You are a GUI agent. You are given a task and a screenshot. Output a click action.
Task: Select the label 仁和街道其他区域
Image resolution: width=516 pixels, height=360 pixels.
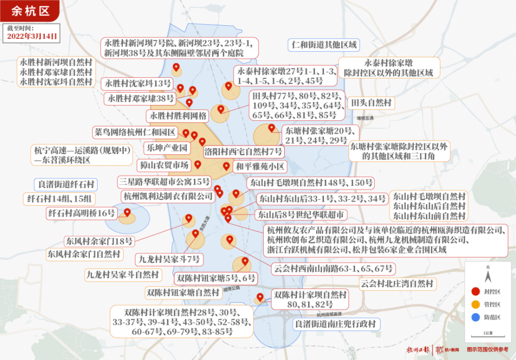point(324,45)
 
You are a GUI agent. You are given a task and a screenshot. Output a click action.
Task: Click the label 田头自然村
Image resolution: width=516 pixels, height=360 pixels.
point(372,102)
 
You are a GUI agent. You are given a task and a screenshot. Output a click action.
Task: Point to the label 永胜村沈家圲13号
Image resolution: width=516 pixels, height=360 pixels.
point(138,83)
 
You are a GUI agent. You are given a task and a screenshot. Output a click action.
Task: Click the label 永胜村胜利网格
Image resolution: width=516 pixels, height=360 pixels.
point(178,114)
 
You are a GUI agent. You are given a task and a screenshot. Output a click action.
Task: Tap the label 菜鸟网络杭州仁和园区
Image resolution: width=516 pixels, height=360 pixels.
point(135,132)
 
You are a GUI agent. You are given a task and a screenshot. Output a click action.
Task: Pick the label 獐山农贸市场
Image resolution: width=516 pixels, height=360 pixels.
point(164,165)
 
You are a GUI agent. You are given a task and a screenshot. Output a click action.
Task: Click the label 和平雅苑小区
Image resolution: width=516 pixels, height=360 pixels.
point(260,166)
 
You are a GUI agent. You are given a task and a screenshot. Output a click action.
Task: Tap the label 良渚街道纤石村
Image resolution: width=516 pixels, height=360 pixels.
point(67,184)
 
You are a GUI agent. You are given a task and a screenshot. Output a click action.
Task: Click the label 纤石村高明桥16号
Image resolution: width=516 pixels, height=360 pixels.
point(81,213)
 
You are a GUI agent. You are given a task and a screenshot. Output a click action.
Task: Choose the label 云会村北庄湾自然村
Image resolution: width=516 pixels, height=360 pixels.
point(397,283)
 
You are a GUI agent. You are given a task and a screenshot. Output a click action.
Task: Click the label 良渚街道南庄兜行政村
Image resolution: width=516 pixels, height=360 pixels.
point(336,324)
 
